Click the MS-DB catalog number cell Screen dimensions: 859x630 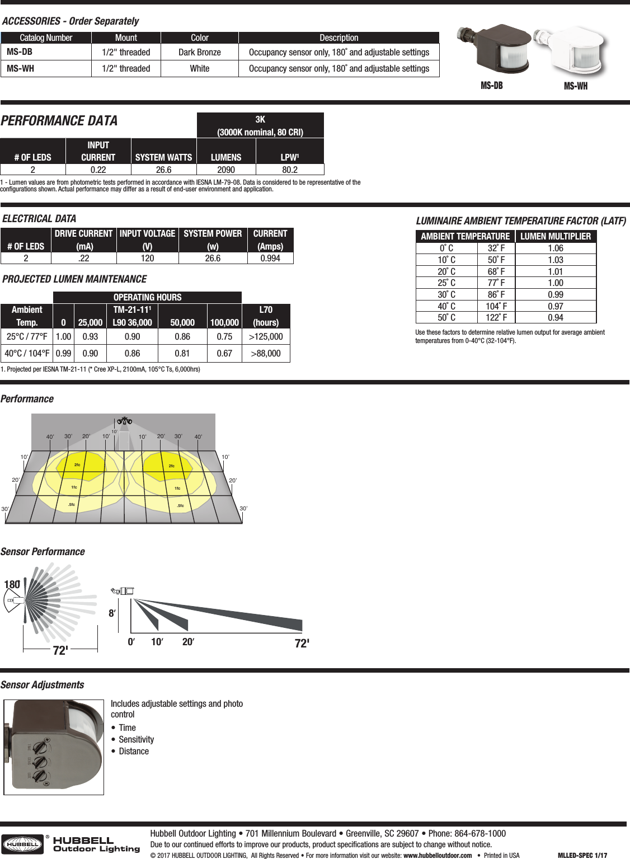coord(20,52)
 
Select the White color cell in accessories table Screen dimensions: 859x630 coord(199,68)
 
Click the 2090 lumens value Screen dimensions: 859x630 coord(226,170)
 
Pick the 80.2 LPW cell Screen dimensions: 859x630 coord(290,170)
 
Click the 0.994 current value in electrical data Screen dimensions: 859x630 coord(270,258)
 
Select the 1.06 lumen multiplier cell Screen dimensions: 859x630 coord(556,248)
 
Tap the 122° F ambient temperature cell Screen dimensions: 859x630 coord(496,317)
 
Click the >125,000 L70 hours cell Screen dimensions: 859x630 coord(266,336)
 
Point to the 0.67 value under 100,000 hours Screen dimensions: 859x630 coord(224,353)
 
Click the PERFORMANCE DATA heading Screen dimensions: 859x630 coord(59,121)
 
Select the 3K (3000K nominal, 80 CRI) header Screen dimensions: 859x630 coord(260,125)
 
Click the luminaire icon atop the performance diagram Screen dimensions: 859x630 coord(124,421)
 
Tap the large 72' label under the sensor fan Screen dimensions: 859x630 coord(60,651)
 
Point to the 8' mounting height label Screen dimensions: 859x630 coord(112,613)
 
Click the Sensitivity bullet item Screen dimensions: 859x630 coord(136,739)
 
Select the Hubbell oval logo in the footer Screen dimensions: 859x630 coord(22,844)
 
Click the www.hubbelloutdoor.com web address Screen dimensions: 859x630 coord(438,855)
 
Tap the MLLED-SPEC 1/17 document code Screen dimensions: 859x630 coord(582,855)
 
